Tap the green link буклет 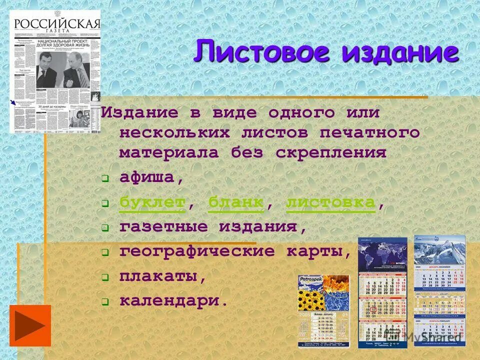coord(152,202)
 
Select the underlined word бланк coord(236,202)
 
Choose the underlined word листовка coord(330,202)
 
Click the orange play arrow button coord(30,325)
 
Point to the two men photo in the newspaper coord(60,70)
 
